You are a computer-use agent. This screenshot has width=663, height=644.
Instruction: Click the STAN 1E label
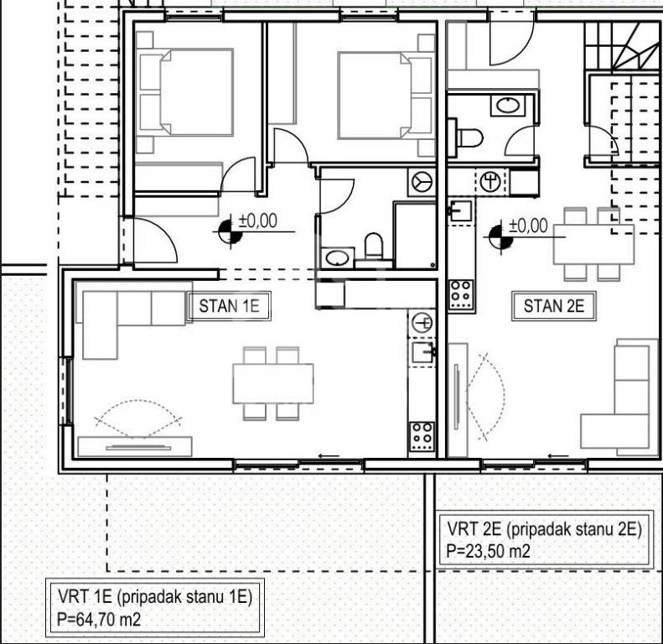tap(229, 306)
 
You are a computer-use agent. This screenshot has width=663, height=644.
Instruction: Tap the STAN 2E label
tap(554, 306)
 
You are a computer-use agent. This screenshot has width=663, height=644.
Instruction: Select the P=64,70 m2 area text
tap(99, 621)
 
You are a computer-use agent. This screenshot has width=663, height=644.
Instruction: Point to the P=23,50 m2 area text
tap(488, 551)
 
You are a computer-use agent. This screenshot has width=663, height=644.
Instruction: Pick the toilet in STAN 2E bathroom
tap(469, 138)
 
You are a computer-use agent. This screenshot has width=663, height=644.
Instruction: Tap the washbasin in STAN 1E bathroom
tap(338, 257)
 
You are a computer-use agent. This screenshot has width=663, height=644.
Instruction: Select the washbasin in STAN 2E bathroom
tap(507, 105)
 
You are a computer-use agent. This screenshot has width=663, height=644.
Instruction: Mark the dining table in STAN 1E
tap(273, 383)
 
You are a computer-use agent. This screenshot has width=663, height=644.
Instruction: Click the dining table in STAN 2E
tap(594, 244)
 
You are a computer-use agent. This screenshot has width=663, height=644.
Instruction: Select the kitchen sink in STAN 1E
tap(423, 352)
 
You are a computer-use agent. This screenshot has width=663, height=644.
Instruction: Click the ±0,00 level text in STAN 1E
tap(258, 221)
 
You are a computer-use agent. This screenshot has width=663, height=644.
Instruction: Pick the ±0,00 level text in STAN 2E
tap(529, 225)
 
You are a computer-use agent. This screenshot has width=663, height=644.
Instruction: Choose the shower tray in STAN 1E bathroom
tap(415, 235)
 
